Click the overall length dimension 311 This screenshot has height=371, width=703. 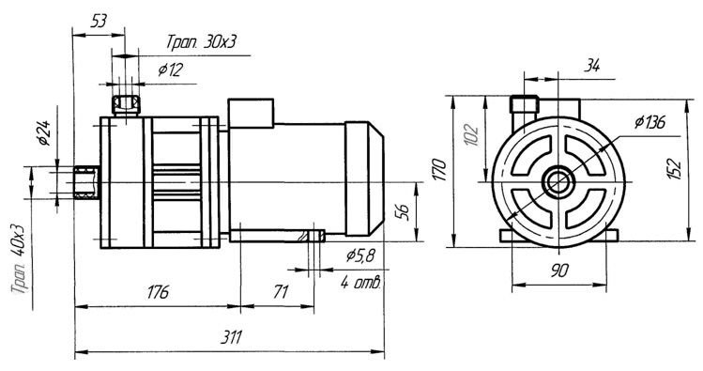pyautogui.click(x=231, y=337)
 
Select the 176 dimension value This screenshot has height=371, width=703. pyautogui.click(x=159, y=291)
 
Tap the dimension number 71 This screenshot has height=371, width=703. pyautogui.click(x=281, y=292)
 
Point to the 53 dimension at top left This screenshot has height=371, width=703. pyautogui.click(x=99, y=20)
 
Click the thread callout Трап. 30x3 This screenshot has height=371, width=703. pyautogui.click(x=201, y=42)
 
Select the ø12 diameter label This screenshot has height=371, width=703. pyautogui.click(x=171, y=70)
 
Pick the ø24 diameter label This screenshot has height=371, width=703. pyautogui.click(x=43, y=133)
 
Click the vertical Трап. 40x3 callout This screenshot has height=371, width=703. pyautogui.click(x=21, y=259)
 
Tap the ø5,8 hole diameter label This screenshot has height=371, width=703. pyautogui.click(x=360, y=255)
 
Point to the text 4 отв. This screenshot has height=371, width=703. pyautogui.click(x=361, y=283)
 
